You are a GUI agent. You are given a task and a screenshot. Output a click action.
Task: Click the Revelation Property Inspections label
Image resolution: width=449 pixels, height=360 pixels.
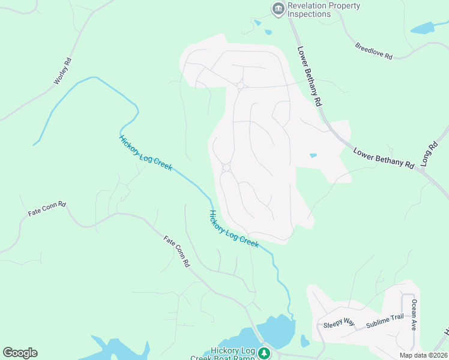tap(324, 10)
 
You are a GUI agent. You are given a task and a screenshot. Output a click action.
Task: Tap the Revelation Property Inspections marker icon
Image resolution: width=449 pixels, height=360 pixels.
tap(278, 8)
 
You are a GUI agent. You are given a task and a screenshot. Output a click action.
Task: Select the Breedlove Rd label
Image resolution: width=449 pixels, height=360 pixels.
tap(373, 51)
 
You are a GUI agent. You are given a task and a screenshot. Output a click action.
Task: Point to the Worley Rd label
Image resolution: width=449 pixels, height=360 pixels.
tap(63, 70)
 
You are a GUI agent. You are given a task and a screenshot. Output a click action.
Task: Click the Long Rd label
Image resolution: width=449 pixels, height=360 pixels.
tap(430, 154)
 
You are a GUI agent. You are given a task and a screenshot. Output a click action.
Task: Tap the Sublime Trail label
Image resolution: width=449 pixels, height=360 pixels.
tap(385, 321)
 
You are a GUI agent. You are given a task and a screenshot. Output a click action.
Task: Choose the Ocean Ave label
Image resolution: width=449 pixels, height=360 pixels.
tap(414, 316)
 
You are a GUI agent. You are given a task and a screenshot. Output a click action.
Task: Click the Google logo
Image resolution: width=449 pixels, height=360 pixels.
tap(20, 353)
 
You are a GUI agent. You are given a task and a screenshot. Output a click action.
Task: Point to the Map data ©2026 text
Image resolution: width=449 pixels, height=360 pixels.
tap(423, 355)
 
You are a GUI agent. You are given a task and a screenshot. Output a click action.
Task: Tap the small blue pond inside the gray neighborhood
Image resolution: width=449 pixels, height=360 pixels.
tap(313, 155)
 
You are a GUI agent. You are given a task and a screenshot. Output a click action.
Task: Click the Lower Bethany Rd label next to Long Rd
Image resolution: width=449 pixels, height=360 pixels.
tap(384, 158)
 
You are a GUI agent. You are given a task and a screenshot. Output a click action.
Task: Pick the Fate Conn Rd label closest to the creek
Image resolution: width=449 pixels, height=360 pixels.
tap(177, 250)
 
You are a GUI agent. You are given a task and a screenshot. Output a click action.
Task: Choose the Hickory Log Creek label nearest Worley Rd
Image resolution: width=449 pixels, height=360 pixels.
tap(146, 153)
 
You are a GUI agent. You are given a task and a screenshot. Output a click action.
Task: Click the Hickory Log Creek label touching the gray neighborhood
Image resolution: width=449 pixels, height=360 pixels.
tap(234, 229)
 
